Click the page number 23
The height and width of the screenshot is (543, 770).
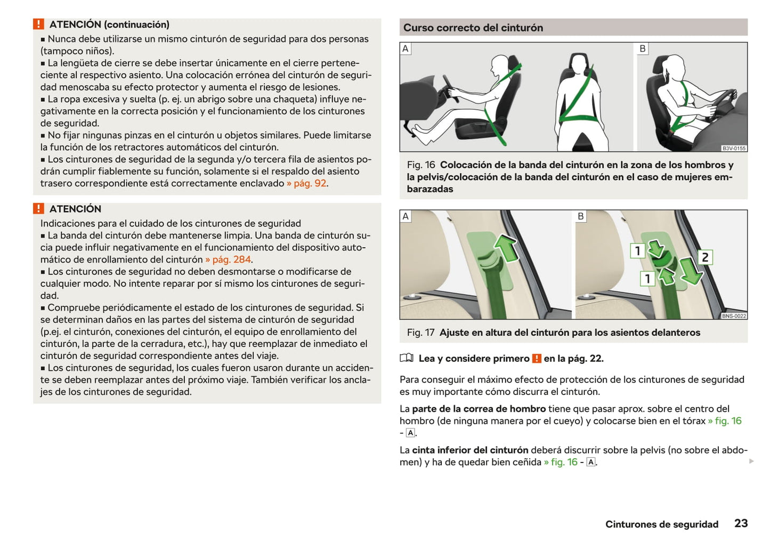pyautogui.click(x=741, y=523)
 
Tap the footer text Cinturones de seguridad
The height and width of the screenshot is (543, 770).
pyautogui.click(x=661, y=524)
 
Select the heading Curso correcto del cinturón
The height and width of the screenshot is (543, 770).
pyautogui.click(x=473, y=28)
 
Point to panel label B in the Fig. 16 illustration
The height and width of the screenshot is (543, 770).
pyautogui.click(x=643, y=49)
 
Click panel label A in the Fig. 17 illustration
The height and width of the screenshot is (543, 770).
pyautogui.click(x=406, y=216)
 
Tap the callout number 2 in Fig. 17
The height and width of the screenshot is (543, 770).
pyautogui.click(x=704, y=257)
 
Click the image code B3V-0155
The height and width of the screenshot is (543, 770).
pyautogui.click(x=734, y=148)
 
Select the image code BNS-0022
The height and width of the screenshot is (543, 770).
pyautogui.click(x=734, y=316)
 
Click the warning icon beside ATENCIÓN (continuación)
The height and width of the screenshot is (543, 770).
pyautogui.click(x=38, y=25)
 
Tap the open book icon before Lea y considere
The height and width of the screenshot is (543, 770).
pyautogui.click(x=407, y=358)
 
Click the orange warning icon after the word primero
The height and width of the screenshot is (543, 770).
pyautogui.click(x=537, y=359)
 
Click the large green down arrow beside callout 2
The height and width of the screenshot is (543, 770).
pyautogui.click(x=691, y=271)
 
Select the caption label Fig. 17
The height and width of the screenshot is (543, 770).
pyautogui.click(x=420, y=333)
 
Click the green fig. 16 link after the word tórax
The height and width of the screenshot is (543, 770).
pyautogui.click(x=725, y=421)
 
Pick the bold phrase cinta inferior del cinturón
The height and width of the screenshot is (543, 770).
pyautogui.click(x=470, y=450)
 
